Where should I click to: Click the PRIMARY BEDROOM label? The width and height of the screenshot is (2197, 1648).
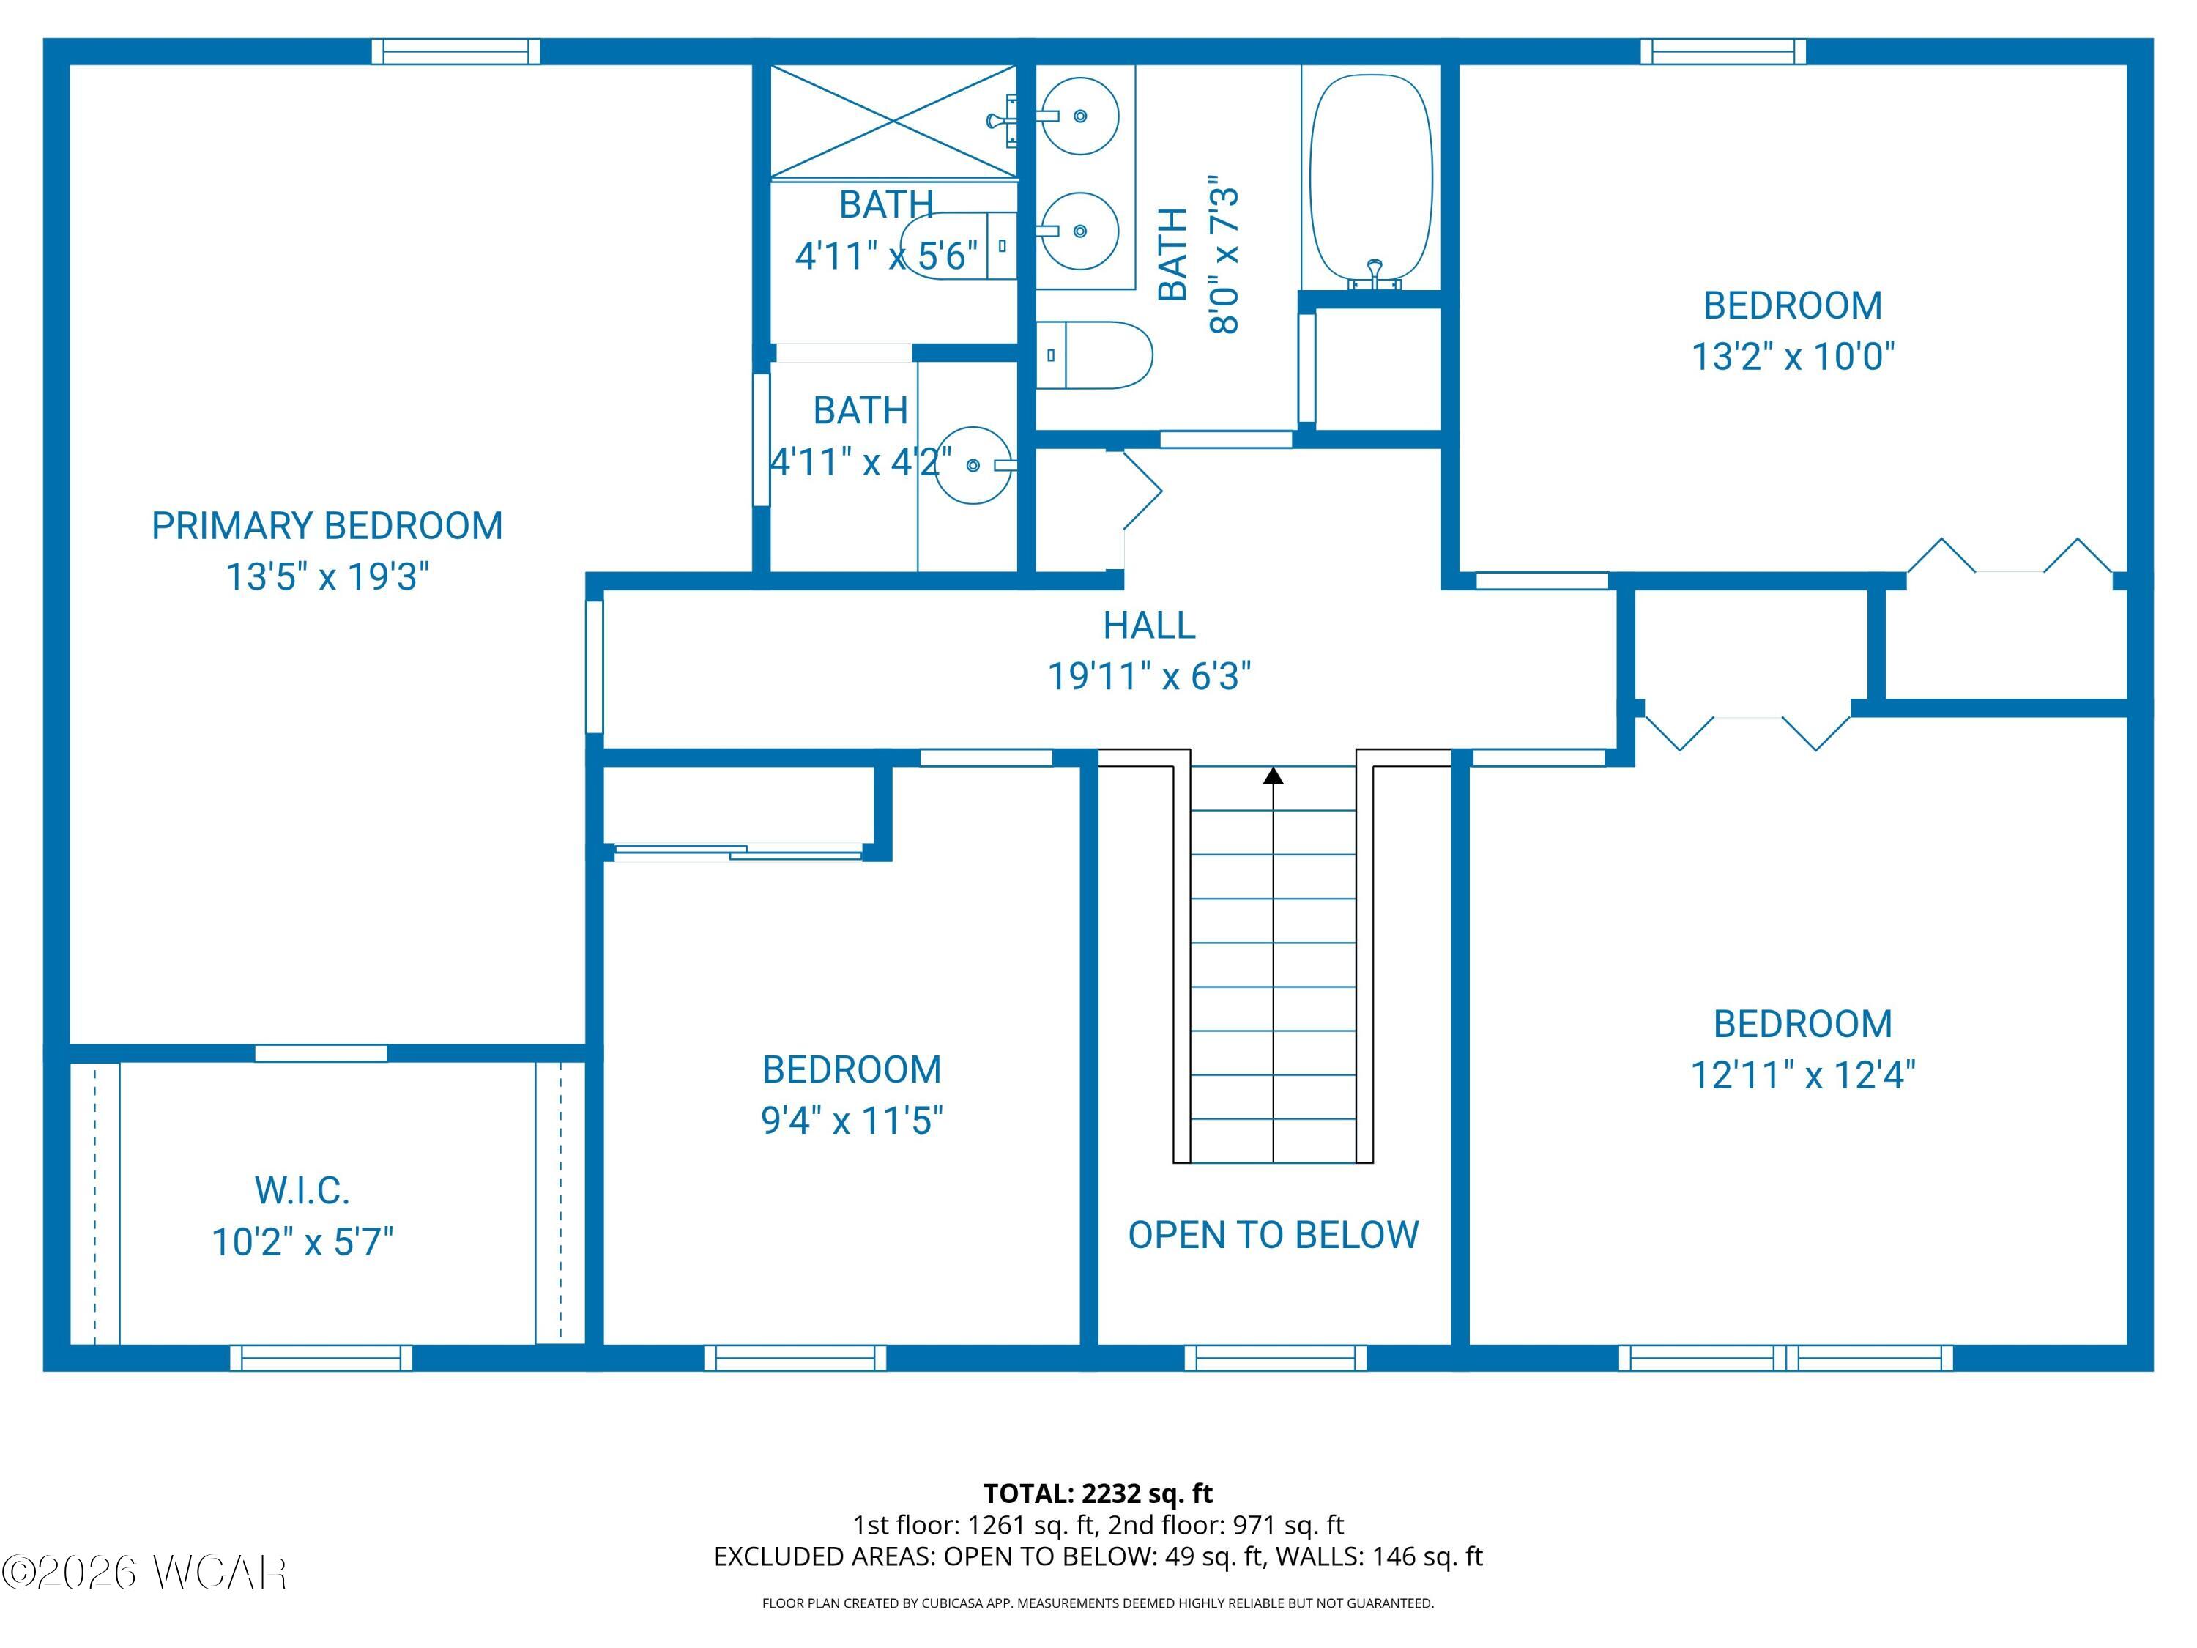327,525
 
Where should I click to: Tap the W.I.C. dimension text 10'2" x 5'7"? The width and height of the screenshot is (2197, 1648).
303,1241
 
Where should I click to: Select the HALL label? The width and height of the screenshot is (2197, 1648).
1149,625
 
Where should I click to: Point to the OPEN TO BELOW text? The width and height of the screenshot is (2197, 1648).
1274,1235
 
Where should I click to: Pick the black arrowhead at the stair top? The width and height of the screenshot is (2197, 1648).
1274,775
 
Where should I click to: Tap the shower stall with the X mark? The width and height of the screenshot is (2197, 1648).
894,122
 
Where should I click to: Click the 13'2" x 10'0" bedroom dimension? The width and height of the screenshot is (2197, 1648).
1793,356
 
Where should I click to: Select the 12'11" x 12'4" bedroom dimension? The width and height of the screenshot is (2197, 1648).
1803,1074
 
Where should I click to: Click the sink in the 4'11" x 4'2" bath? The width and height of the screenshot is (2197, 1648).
974,465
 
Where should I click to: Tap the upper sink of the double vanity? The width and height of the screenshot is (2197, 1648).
1079,116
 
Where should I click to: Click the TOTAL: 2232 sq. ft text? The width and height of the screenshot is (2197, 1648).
1098,1493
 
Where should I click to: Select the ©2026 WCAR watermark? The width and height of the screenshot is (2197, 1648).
145,1572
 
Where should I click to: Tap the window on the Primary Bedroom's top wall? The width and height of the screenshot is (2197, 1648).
456,52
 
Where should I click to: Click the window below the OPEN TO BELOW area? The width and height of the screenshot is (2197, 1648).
1275,1357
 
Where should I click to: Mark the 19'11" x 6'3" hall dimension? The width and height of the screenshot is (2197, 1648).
1149,677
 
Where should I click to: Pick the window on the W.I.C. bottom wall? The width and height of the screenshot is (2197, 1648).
321,1357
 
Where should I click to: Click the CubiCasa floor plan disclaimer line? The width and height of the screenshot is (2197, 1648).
1098,1603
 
